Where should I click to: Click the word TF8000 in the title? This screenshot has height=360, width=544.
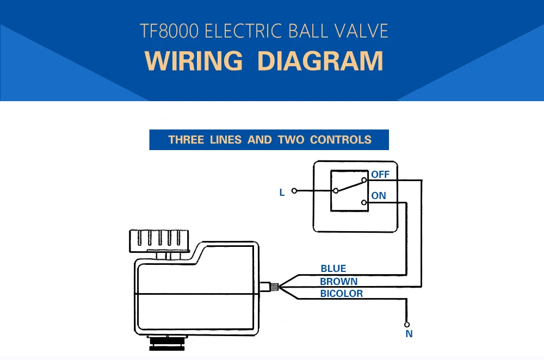click(x=169, y=31)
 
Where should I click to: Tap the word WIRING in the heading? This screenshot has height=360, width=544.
click(x=194, y=61)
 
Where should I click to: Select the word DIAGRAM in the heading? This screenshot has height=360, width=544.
click(x=320, y=61)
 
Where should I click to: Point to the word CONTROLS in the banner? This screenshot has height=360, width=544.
click(x=341, y=140)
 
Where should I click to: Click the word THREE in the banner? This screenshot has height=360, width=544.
click(x=186, y=140)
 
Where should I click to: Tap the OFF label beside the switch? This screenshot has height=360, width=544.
click(x=380, y=175)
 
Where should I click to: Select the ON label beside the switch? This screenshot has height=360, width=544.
click(x=379, y=196)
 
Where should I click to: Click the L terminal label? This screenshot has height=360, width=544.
click(x=282, y=193)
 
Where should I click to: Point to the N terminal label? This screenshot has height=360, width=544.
click(x=409, y=334)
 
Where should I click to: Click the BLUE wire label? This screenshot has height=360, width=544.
click(x=333, y=269)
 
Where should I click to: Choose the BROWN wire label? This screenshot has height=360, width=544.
click(x=338, y=281)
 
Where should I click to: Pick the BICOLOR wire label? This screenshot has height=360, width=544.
click(x=342, y=294)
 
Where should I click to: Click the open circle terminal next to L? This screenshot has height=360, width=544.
click(x=294, y=191)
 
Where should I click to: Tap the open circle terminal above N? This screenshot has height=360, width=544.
click(x=406, y=325)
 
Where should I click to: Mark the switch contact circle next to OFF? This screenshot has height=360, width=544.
click(x=364, y=180)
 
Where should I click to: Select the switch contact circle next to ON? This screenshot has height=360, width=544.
click(x=364, y=202)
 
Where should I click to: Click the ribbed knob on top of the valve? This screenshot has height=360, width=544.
click(x=159, y=241)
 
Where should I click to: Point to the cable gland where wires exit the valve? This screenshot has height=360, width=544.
click(x=269, y=287)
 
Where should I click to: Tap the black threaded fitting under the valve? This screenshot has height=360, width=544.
click(x=167, y=343)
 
